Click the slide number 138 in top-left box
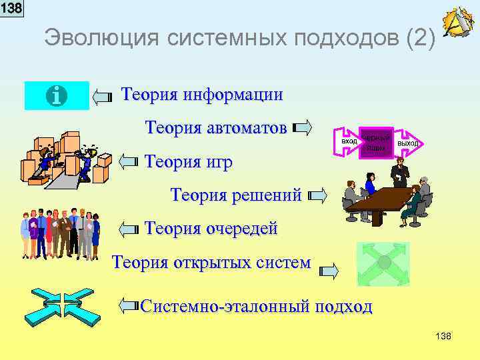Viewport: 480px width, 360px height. [x=11, y=8]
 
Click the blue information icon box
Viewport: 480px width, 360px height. [x=57, y=96]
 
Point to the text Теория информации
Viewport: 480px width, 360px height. [x=202, y=95]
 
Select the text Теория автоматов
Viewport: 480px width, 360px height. [x=216, y=127]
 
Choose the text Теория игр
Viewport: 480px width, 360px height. [x=189, y=161]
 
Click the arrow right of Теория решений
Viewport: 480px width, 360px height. [x=317, y=196]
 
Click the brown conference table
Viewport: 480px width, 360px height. [x=380, y=199]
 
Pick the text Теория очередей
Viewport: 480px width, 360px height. [x=211, y=229]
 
